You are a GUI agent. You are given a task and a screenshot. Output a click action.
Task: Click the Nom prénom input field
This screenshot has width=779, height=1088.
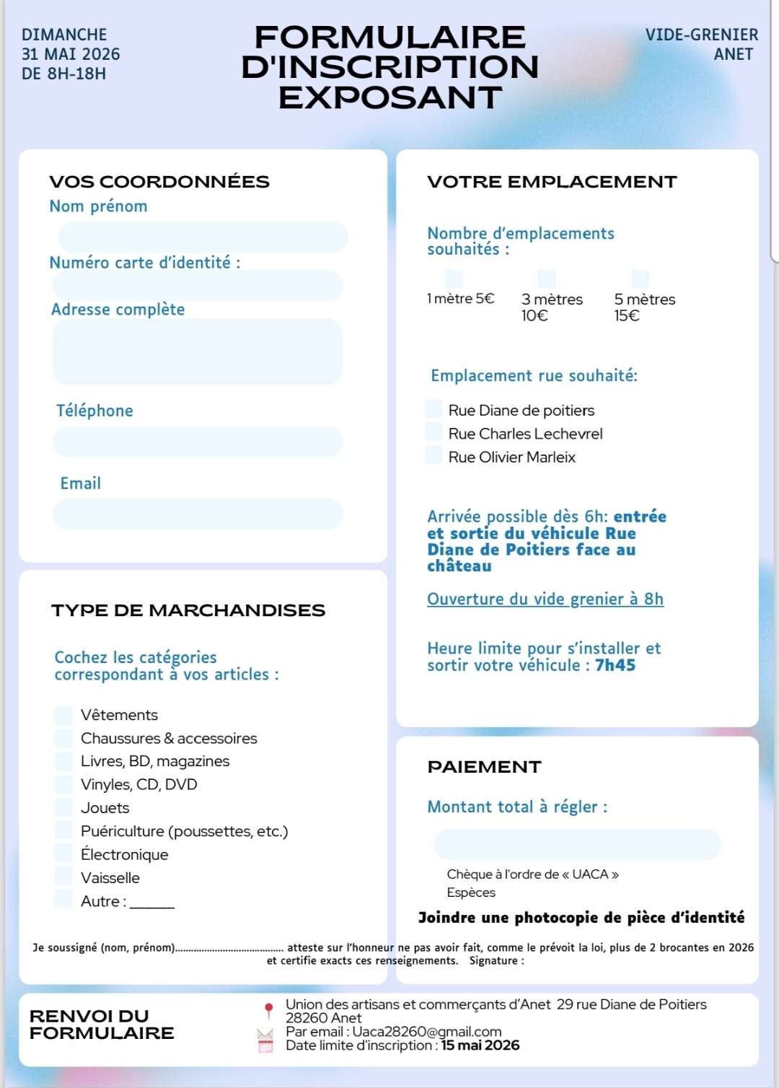pos(203,237)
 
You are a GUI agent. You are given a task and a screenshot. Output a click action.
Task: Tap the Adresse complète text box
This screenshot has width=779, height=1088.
pos(197,351)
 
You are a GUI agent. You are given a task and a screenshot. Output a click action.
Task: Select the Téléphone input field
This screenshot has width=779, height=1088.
pos(197,442)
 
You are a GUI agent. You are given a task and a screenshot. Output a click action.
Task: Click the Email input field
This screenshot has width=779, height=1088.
pos(197,514)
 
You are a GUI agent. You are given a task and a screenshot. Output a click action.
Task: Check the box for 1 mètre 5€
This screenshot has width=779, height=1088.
pos(454,278)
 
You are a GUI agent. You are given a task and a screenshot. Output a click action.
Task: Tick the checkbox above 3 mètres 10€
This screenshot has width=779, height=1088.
pos(547,278)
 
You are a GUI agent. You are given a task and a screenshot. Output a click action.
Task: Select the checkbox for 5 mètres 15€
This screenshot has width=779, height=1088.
pos(640,278)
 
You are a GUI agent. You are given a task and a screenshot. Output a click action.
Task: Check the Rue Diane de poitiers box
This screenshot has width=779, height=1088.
pos(433,409)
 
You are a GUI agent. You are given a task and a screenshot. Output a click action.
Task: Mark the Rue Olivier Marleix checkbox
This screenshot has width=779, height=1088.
pos(433,455)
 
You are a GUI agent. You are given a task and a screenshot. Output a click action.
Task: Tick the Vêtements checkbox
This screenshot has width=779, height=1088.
pos(64,715)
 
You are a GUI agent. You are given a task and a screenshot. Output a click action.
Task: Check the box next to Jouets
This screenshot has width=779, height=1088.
pos(64,807)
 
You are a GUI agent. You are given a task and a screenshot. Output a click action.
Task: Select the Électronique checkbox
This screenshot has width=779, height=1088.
pos(64,854)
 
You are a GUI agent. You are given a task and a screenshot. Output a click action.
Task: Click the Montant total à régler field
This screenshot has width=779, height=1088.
pos(577,844)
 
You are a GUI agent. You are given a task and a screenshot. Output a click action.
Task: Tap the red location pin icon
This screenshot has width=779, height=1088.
pos(268,1009)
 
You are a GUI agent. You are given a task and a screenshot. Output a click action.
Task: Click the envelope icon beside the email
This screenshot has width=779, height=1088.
pos(265,1033)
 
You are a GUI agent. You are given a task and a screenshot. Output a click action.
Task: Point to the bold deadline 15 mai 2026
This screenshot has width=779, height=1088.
pos(480,1045)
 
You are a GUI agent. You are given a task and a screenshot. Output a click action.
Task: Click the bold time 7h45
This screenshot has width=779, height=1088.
pos(615,665)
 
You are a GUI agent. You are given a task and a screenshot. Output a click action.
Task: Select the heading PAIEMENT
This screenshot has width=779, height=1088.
pos(484,767)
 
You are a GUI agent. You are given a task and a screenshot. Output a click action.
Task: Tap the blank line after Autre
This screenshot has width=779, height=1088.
pos(152,903)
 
